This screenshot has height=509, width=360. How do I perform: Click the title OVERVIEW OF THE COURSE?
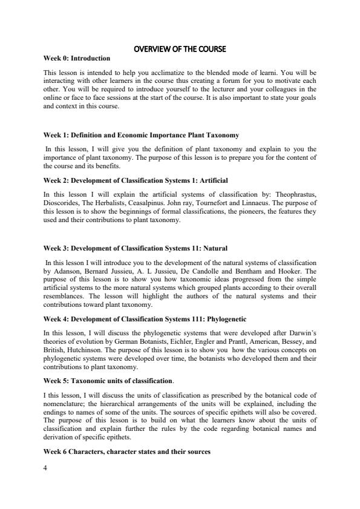coord(180,48)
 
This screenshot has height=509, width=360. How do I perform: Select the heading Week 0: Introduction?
coord(77,58)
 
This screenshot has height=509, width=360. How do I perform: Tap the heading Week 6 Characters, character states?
coord(127,451)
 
